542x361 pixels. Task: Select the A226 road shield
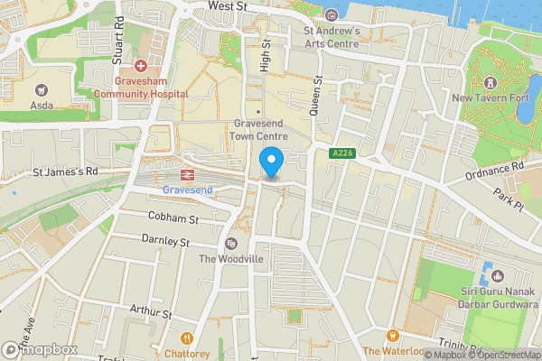pyautogui.click(x=341, y=153)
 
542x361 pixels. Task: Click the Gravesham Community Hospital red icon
pyautogui.click(x=141, y=66)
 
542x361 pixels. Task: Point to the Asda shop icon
pyautogui.click(x=41, y=90)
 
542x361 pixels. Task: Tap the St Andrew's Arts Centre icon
pyautogui.click(x=331, y=14)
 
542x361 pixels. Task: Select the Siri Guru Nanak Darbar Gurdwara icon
pyautogui.click(x=489, y=270)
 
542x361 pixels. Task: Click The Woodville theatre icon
pyautogui.click(x=231, y=244)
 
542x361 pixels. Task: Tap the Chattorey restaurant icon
pyautogui.click(x=188, y=338)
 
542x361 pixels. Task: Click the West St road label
pyautogui.click(x=228, y=6)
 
